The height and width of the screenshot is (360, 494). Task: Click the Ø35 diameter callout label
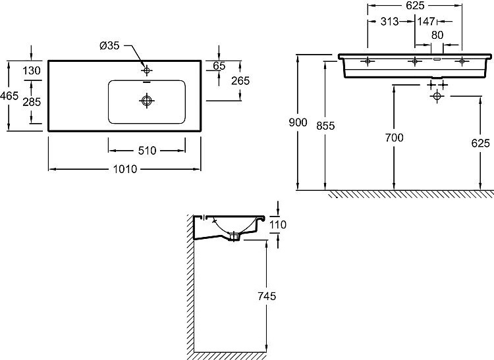coord(109,45)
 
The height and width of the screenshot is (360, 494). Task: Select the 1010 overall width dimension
coord(125,169)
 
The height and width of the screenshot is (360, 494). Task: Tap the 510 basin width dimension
coord(147,151)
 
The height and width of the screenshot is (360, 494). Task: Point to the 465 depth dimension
coord(9,95)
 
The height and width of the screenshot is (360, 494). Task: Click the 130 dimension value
coord(32,70)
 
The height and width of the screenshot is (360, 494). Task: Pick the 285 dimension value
coord(32,102)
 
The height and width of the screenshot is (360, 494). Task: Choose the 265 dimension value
coord(240,81)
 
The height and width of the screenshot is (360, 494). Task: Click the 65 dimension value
coord(219,66)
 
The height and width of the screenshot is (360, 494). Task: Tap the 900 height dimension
coord(298,122)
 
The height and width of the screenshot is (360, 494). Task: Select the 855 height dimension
coord(325,126)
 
